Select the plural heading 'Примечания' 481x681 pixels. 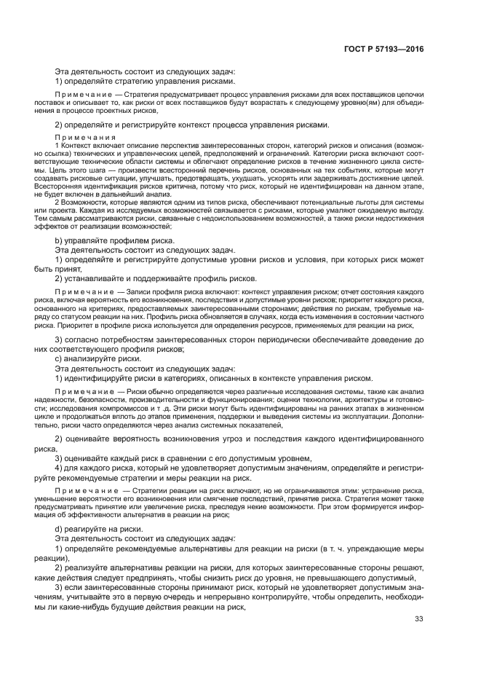[85, 137]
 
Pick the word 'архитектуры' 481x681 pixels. [365, 401]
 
